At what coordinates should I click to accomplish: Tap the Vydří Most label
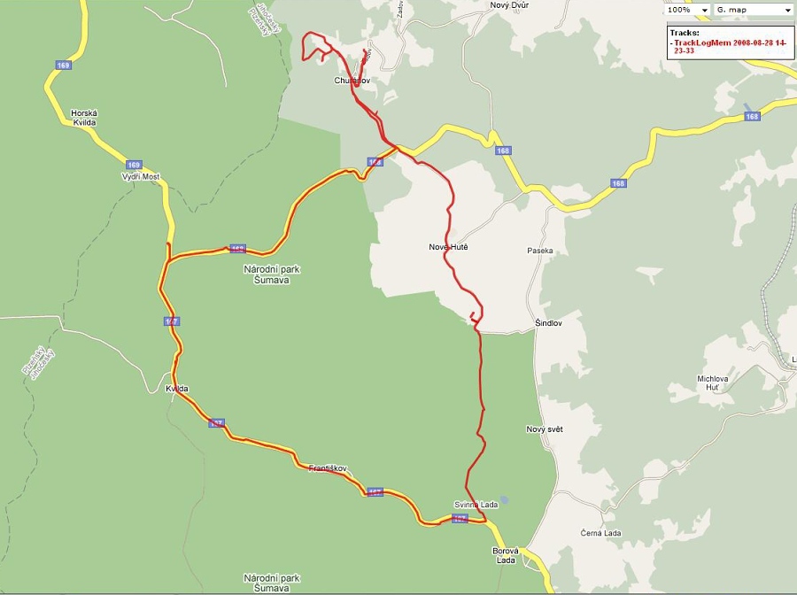(140, 177)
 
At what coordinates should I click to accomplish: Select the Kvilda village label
(177, 389)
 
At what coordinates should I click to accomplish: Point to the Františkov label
(328, 467)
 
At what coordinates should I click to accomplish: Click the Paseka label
(539, 251)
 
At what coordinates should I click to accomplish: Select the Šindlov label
(549, 323)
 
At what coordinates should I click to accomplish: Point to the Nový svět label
(545, 429)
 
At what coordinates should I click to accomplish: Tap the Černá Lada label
(601, 533)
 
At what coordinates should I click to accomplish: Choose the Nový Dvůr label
(508, 5)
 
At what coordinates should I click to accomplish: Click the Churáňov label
(351, 81)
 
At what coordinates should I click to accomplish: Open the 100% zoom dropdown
(688, 10)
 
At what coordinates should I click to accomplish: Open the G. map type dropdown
(753, 10)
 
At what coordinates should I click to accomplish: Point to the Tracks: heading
(685, 32)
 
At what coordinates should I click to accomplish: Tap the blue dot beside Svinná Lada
(504, 499)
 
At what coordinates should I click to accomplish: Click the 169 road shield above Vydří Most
(133, 165)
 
